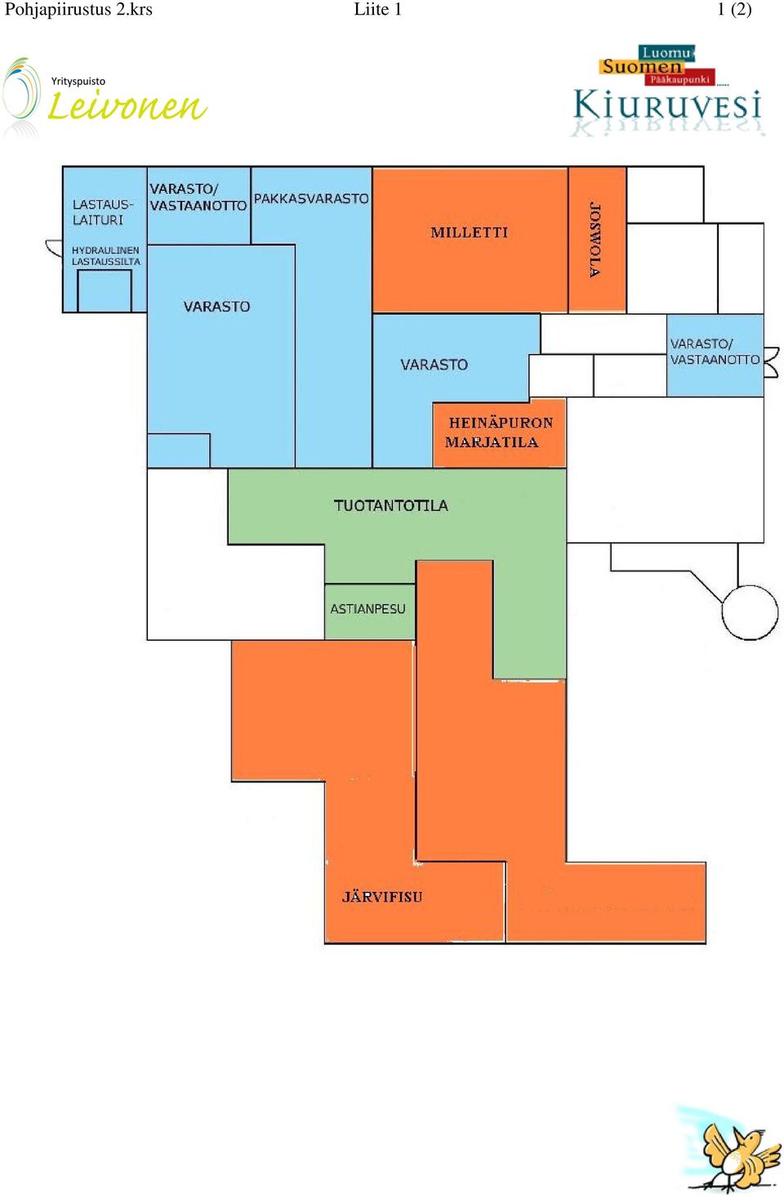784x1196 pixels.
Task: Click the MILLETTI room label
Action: click(x=469, y=232)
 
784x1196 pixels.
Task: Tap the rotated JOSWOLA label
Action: click(x=595, y=240)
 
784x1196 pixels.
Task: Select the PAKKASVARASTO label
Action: click(x=311, y=199)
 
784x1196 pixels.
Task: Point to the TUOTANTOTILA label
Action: click(x=390, y=505)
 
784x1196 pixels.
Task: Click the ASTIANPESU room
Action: click(x=370, y=611)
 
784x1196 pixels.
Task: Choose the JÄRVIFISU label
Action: click(x=382, y=897)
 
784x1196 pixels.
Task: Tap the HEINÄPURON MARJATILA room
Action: click(x=499, y=433)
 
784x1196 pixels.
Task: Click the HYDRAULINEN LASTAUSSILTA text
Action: click(x=106, y=256)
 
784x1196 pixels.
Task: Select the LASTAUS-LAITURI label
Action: click(x=102, y=212)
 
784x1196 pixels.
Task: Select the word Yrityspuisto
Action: click(x=78, y=81)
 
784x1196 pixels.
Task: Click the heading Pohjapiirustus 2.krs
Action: click(x=78, y=10)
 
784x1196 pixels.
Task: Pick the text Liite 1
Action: click(x=377, y=10)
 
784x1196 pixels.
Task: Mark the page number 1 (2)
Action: click(x=734, y=10)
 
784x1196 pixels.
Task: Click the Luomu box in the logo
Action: click(x=666, y=52)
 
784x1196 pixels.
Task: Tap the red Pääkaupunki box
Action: click(x=679, y=79)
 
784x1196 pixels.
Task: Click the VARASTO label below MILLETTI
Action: click(x=434, y=365)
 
